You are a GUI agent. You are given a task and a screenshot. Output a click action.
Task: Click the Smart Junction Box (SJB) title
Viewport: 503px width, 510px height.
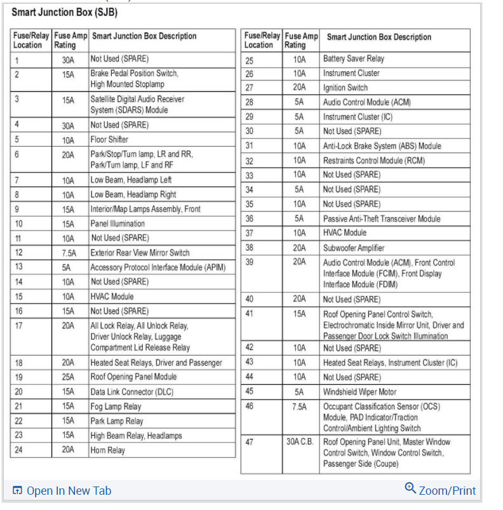coord(64,13)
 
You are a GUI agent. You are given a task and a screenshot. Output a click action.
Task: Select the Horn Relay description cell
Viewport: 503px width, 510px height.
coord(107,450)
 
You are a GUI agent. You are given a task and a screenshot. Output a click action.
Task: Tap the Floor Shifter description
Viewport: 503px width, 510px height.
coord(109,140)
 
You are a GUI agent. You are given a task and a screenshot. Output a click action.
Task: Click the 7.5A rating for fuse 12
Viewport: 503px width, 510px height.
coord(68,253)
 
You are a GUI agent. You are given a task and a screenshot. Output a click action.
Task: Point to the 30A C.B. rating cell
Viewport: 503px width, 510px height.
coord(300,442)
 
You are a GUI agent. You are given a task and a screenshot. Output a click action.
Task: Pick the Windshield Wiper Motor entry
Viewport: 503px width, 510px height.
coord(359,392)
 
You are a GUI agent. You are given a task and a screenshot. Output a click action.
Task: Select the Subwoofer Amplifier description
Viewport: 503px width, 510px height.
coord(354,248)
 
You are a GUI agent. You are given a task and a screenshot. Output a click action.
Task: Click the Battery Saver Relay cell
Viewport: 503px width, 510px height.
coord(354,59)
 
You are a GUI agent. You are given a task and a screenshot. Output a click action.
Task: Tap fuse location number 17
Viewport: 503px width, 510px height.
coord(19,326)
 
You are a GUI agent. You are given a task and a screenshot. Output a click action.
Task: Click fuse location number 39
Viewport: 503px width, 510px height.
coord(250,262)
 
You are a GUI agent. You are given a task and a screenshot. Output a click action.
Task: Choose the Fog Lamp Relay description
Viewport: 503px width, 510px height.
coord(116,406)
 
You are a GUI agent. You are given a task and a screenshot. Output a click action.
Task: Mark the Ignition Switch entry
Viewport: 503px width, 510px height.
coord(345,88)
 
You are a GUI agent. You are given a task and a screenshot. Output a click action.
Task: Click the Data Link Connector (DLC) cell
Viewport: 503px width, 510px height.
coord(131,392)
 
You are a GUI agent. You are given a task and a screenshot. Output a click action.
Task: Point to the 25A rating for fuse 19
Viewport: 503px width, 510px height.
coord(68,377)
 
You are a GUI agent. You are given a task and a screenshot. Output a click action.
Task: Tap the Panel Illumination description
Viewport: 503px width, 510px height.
coord(117,224)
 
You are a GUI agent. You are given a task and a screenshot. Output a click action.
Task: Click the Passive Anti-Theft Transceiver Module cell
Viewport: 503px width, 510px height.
coord(381,218)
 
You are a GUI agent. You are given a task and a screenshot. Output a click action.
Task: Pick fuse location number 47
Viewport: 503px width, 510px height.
coord(250,442)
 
